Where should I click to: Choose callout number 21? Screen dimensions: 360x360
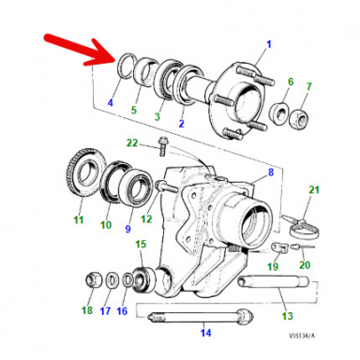tap(315, 192)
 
